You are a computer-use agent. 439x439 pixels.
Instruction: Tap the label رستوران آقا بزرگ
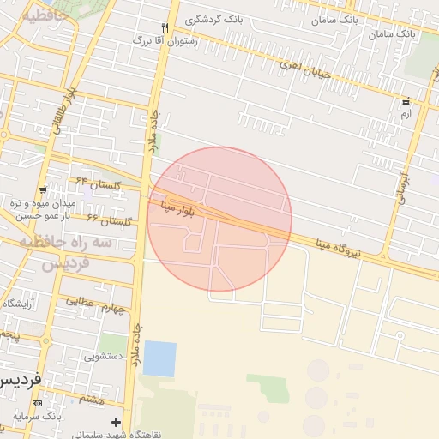(x=165, y=40)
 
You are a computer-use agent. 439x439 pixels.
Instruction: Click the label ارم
(x=406, y=113)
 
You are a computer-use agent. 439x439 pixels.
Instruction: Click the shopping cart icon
(x=43, y=190)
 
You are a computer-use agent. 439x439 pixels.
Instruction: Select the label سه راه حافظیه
(x=67, y=244)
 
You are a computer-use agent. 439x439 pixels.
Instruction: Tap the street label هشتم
(x=92, y=399)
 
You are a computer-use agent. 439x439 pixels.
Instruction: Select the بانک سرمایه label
(x=39, y=417)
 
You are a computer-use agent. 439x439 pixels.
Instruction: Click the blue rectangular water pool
(x=159, y=358)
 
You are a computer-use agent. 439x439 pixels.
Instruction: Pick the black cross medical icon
(x=116, y=422)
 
